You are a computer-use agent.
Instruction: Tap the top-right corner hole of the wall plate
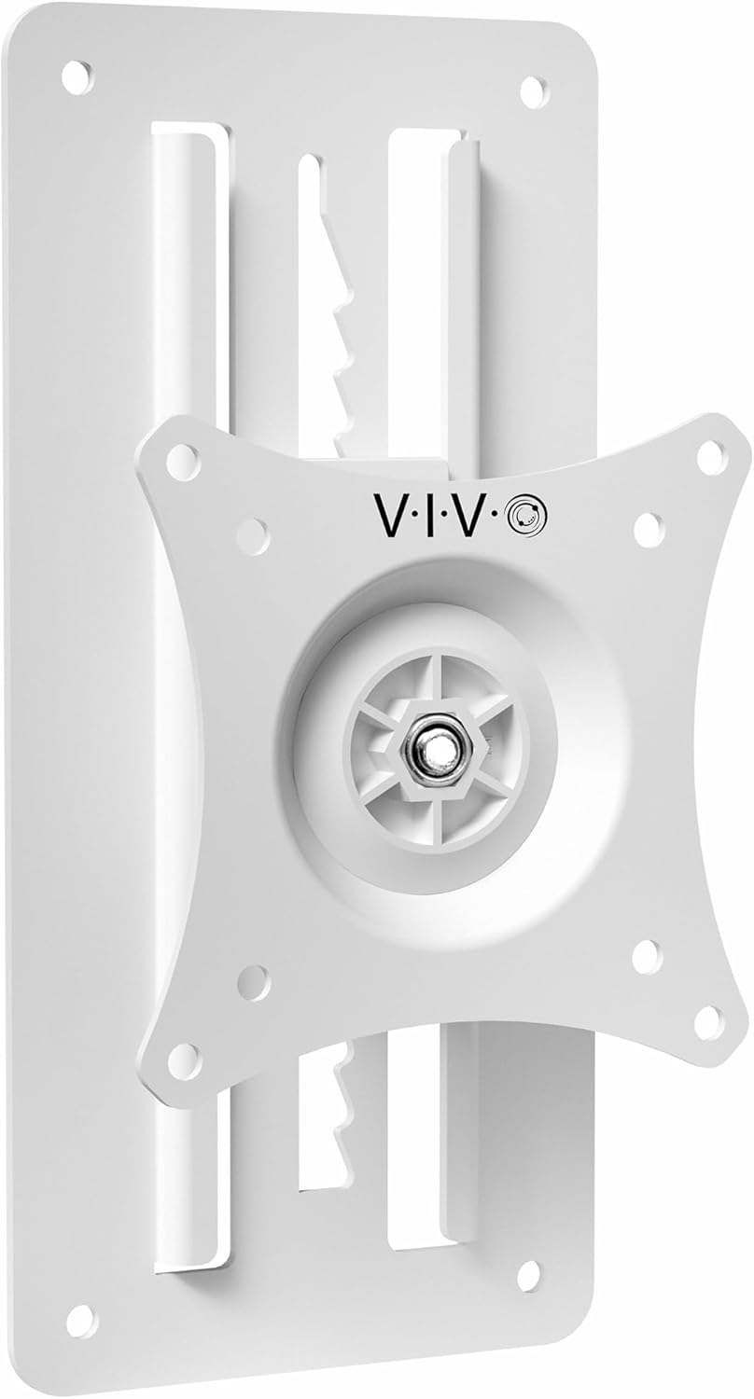click(x=534, y=91)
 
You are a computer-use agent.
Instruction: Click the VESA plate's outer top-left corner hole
click(x=183, y=462)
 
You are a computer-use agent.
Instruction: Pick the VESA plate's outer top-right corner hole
click(x=710, y=457)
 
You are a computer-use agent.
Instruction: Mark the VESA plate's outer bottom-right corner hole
click(x=708, y=1022)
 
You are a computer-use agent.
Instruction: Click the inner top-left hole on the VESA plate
click(x=253, y=536)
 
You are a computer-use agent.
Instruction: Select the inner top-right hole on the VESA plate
click(x=649, y=529)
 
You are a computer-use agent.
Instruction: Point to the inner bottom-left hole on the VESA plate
click(x=253, y=983)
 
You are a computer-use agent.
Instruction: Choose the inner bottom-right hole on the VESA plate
click(x=646, y=956)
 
